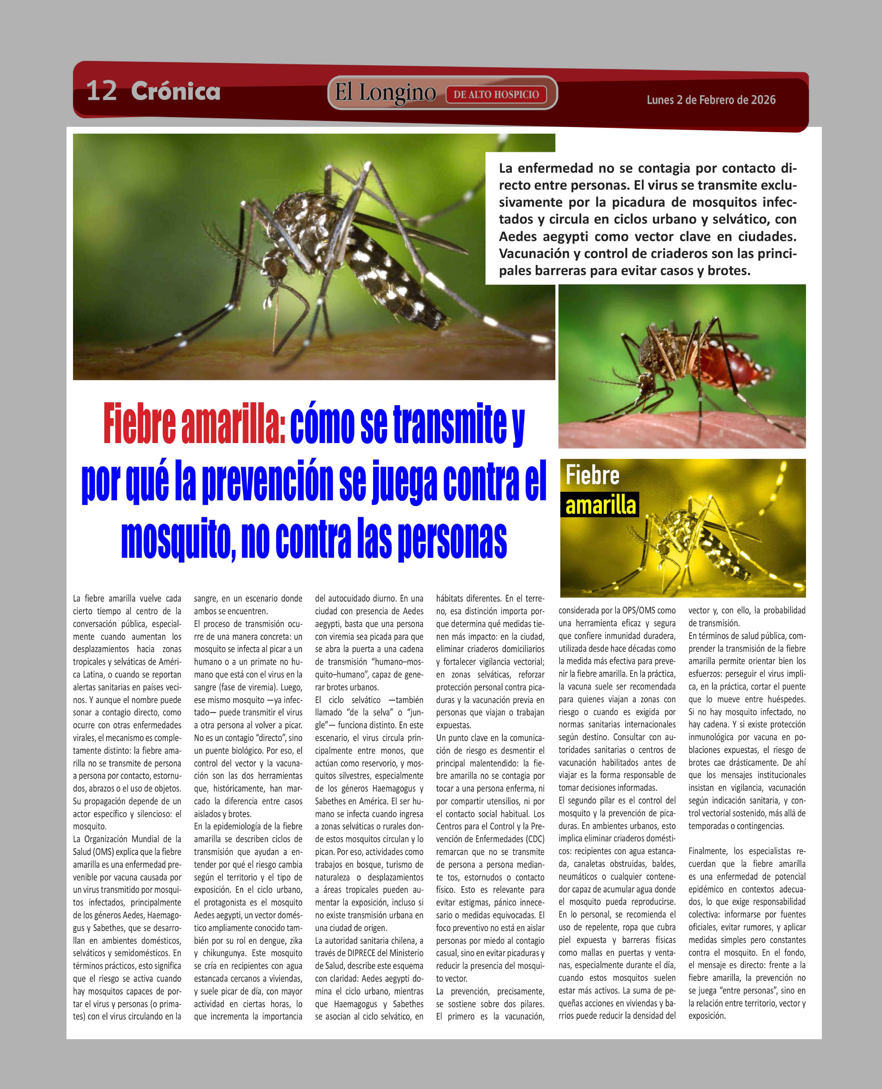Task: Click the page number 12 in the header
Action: pos(102,91)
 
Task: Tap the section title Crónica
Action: pos(175,91)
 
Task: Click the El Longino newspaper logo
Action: pos(385,93)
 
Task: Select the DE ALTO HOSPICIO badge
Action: pos(496,95)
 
